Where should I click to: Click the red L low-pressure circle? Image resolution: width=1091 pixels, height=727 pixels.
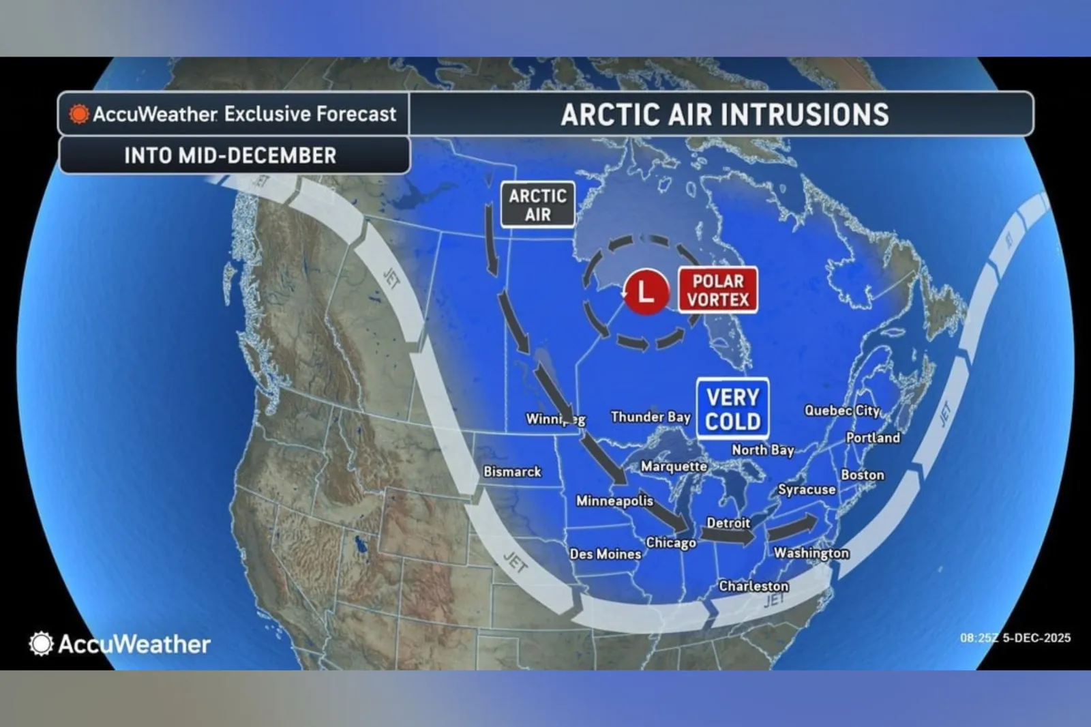point(645,291)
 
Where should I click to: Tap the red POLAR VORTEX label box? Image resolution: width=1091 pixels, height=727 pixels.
point(718,290)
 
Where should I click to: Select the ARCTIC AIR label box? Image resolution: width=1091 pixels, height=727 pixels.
point(537,205)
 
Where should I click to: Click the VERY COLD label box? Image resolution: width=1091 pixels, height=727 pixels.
point(732,409)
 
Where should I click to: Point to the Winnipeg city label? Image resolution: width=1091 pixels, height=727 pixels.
point(555,419)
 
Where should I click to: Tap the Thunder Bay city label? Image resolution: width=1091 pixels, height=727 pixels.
point(651,417)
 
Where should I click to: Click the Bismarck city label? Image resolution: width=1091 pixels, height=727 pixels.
point(512,471)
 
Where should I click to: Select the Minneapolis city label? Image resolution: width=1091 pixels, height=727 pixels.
point(614,501)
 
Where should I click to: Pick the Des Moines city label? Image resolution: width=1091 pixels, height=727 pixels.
point(606,554)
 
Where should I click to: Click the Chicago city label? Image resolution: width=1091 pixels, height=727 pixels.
point(671,543)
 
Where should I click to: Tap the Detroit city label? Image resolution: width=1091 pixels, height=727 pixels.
point(728,523)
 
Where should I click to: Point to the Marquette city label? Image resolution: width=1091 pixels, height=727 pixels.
point(674,466)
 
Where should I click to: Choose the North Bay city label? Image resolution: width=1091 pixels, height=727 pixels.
point(763,449)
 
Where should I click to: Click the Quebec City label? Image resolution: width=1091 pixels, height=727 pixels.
point(842,411)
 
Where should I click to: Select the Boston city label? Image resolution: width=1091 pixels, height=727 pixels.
point(863,475)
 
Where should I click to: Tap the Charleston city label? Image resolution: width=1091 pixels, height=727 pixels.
point(753,586)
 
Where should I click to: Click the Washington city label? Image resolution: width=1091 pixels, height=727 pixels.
point(811,552)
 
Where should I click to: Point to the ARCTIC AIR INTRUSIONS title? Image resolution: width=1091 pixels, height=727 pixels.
point(725,115)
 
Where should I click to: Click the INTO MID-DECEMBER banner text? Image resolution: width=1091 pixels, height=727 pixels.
point(230,155)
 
